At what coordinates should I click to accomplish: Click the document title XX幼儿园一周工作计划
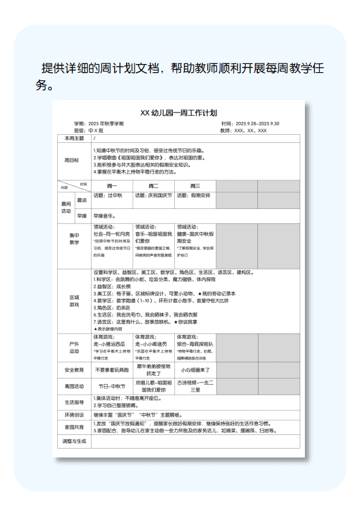(x=178, y=112)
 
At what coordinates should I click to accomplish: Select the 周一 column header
(x=112, y=186)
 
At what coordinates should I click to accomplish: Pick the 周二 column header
(x=153, y=186)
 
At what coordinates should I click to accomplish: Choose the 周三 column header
(x=195, y=186)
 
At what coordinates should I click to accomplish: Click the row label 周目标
(x=71, y=161)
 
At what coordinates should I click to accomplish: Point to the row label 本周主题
(x=73, y=138)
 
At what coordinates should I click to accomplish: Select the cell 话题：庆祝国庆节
(x=153, y=196)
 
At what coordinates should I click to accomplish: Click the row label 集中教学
(x=74, y=239)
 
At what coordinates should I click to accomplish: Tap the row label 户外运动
(x=74, y=347)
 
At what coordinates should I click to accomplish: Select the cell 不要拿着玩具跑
(x=112, y=370)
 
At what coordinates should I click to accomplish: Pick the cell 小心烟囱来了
(x=195, y=370)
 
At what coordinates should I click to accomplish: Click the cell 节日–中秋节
(x=112, y=386)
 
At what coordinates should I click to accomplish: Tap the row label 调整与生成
(x=73, y=441)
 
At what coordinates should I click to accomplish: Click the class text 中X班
(x=96, y=130)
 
